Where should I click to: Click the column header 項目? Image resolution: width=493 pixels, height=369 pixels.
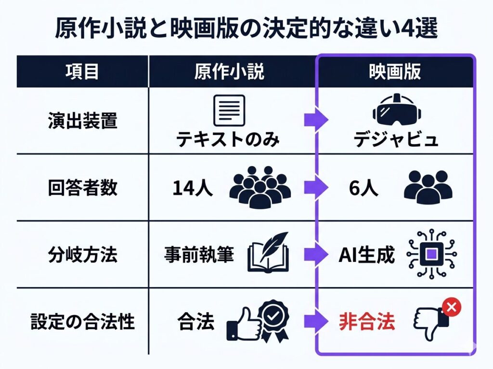[x=82, y=71]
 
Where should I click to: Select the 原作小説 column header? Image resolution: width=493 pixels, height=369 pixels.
[x=229, y=71]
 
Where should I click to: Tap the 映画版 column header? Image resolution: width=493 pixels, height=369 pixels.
[x=395, y=71]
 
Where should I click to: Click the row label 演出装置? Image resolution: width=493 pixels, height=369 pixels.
[x=83, y=121]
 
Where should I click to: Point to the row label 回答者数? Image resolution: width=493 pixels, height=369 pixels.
[x=83, y=188]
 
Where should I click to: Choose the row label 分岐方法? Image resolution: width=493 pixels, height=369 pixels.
[x=83, y=255]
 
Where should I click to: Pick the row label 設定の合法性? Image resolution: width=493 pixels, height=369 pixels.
[x=83, y=321]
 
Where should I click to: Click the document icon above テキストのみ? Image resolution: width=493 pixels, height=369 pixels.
[x=229, y=110]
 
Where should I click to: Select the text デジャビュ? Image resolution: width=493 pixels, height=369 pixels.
[x=396, y=139]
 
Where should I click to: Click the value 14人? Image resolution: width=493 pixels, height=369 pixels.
[x=193, y=188]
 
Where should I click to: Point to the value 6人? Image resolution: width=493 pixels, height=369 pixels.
[x=363, y=188]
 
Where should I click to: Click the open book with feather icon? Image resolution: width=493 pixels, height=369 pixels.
[x=268, y=252]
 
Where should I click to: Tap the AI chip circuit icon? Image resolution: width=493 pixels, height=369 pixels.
[x=432, y=254]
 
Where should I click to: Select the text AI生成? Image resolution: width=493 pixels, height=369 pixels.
[x=366, y=255]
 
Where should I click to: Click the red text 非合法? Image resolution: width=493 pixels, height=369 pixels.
[x=366, y=321]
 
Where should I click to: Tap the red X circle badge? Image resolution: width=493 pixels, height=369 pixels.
[x=452, y=307]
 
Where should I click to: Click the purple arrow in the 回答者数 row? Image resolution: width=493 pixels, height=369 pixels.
[x=316, y=188]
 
